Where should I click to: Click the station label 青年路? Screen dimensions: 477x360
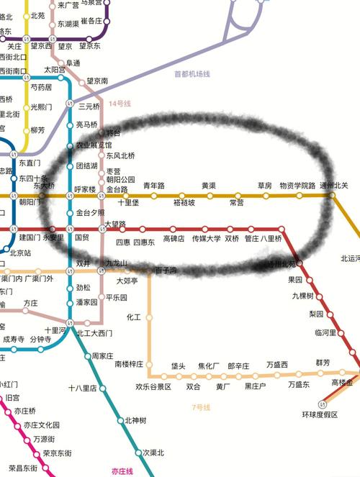[x=154, y=186]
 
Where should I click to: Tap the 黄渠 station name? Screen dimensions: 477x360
[x=209, y=186]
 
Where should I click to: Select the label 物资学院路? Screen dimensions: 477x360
[x=297, y=186]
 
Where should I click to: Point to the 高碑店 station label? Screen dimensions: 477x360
[x=174, y=238]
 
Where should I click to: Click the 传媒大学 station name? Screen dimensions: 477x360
[x=206, y=238]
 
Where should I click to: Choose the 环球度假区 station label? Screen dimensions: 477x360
[x=320, y=415]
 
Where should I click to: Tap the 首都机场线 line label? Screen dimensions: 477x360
[x=192, y=74]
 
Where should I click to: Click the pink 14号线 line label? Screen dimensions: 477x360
[x=120, y=104]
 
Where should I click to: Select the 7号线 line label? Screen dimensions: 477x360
[x=201, y=408]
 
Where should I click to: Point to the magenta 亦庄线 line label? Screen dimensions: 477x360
[x=122, y=471]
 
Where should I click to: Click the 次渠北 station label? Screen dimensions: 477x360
[x=153, y=453]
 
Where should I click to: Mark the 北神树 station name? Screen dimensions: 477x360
[x=135, y=420]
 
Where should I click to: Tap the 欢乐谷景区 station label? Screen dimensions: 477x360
[x=153, y=386]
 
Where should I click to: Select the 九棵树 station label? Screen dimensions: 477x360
[x=303, y=296]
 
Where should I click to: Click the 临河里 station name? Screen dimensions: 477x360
[x=325, y=332]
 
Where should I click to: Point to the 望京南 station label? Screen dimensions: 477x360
[x=97, y=81]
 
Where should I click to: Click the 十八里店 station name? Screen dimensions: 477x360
[x=83, y=388]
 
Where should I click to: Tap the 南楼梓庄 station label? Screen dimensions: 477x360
[x=130, y=364]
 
